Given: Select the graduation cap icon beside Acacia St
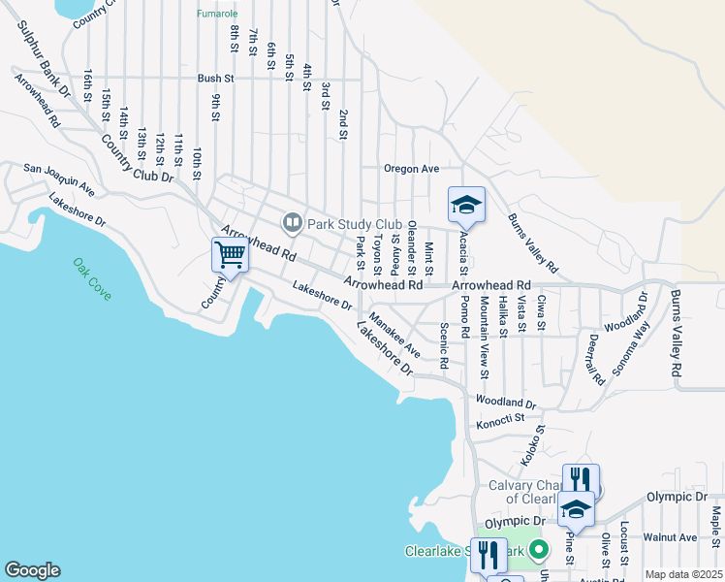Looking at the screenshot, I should coord(466,206).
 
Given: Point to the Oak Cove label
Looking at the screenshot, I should coord(91,277).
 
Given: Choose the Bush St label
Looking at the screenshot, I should coord(216,78).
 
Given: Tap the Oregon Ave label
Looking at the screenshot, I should coord(411,169).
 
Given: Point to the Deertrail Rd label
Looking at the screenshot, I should coord(597,360).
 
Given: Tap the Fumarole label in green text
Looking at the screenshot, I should coord(216,14).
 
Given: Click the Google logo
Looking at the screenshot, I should coord(32,570).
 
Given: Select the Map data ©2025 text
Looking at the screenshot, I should coord(682,574).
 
